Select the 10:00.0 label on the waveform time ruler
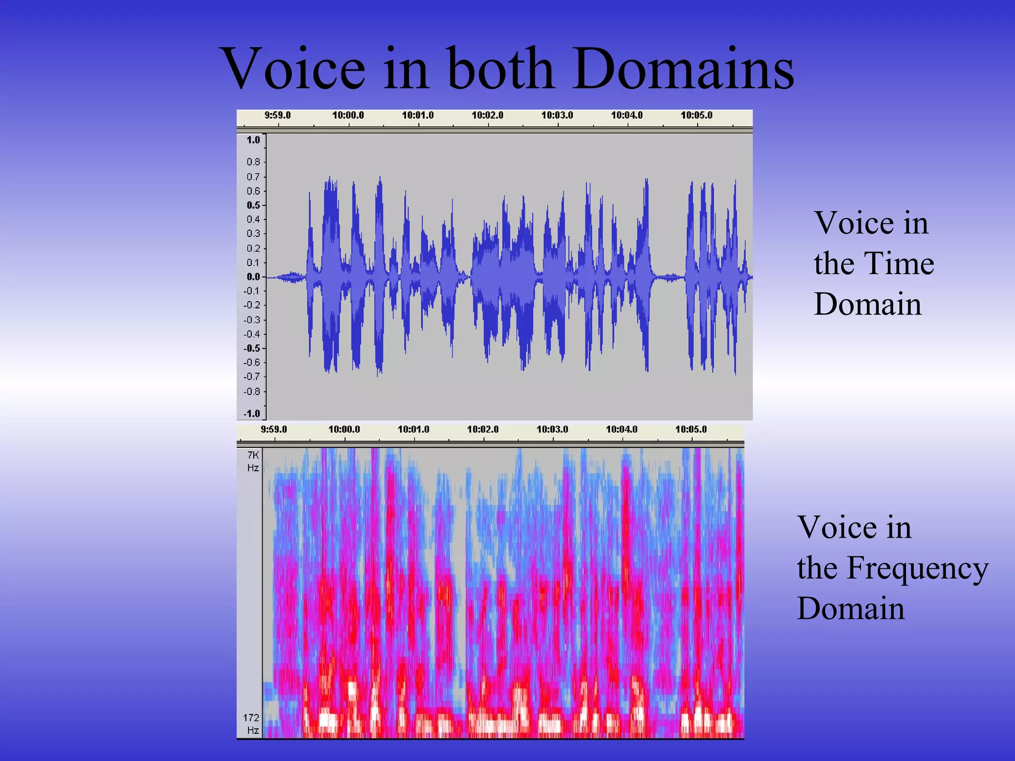348,115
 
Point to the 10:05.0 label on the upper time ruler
696,115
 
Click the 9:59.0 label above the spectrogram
274,429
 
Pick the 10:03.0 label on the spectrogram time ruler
552,429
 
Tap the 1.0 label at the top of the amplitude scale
253,140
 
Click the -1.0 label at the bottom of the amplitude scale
252,413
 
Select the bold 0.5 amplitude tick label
253,205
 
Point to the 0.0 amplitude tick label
253,277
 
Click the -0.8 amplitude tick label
252,391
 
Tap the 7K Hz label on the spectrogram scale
253,461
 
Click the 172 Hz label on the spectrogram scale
251,724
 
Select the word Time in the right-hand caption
899,263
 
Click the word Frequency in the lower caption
917,568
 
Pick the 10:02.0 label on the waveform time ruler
487,115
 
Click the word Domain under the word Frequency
850,608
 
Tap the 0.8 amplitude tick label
253,162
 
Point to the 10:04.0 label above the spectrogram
621,429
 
